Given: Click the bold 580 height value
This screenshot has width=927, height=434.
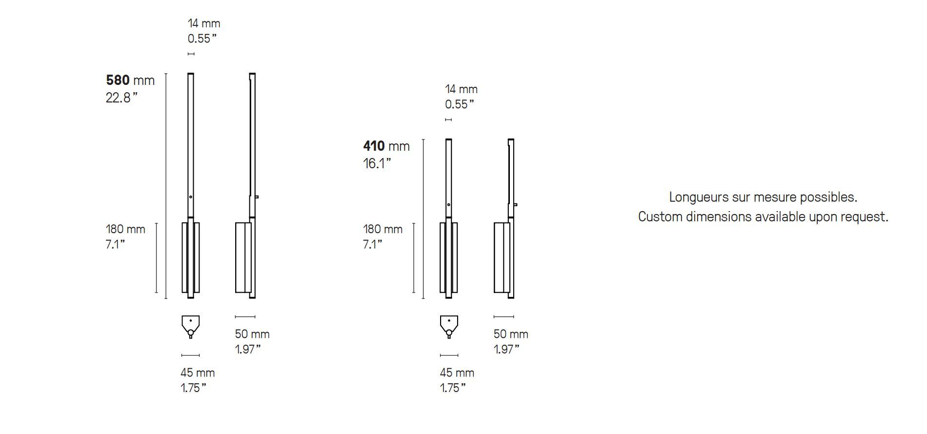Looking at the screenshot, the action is pyautogui.click(x=118, y=80).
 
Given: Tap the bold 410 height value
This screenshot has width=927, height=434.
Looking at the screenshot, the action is pyautogui.click(x=374, y=146).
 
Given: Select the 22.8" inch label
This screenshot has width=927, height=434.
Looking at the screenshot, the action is pyautogui.click(x=121, y=98).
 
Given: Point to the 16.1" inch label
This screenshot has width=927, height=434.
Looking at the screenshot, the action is pyautogui.click(x=377, y=163).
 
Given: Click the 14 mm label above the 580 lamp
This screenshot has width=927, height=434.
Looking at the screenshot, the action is pyautogui.click(x=204, y=23).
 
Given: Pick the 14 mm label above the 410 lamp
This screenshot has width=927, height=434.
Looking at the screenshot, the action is pyautogui.click(x=461, y=89).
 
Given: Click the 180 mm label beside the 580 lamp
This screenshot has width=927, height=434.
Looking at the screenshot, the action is pyautogui.click(x=125, y=229).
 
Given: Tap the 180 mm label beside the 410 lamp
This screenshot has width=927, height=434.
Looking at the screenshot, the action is pyautogui.click(x=383, y=229).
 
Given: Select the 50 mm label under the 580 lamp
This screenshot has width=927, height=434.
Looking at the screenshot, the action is pyautogui.click(x=252, y=334).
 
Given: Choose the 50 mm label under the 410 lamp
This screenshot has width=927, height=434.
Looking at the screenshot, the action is pyautogui.click(x=511, y=334).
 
